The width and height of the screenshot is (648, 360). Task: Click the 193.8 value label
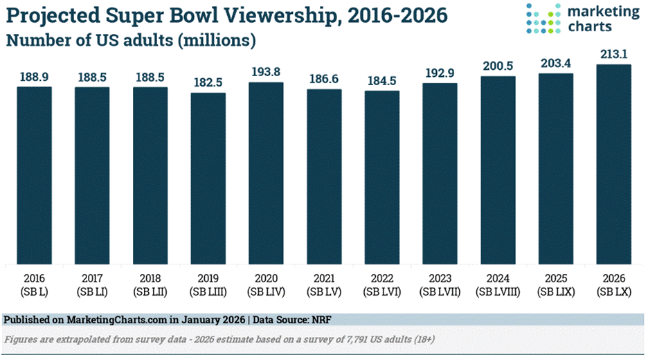tap(267, 72)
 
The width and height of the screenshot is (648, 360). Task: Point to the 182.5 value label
tap(208, 82)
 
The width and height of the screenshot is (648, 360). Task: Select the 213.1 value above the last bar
tap(614, 54)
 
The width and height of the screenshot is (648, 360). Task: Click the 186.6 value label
tap(324, 79)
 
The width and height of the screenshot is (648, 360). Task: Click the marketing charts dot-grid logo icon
tap(544, 19)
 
